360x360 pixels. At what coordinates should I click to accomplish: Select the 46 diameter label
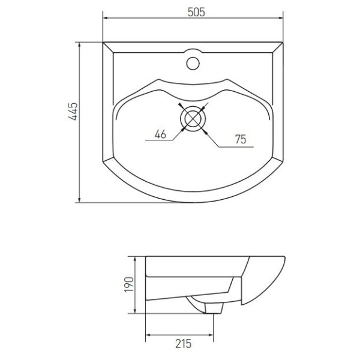(x=160, y=135)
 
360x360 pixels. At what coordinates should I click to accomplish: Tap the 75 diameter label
(x=240, y=139)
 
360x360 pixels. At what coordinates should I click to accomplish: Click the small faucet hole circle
(x=193, y=61)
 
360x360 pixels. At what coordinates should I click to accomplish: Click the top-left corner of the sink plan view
(x=103, y=43)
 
